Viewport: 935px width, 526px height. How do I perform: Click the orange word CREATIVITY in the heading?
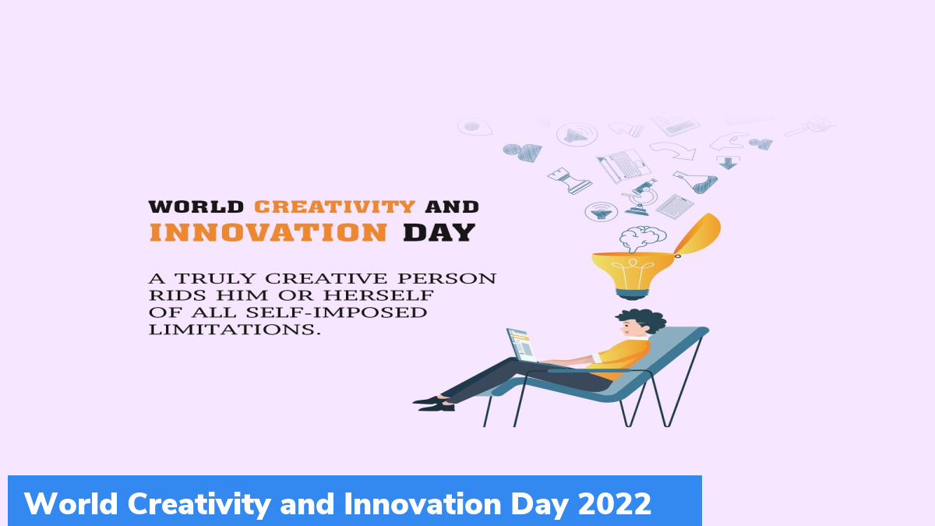[x=335, y=207]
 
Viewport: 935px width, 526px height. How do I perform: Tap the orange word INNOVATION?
[x=268, y=232]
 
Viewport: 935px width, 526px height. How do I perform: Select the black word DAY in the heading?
[x=439, y=232]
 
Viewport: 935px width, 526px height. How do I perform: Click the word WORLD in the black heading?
[x=196, y=207]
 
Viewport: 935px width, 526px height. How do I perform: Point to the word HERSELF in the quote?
[x=379, y=295]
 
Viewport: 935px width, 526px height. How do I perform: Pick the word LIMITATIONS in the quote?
[x=235, y=330]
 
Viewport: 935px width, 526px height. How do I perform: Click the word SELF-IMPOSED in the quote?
[x=337, y=312]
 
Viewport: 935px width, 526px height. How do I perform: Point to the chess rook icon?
[x=570, y=181]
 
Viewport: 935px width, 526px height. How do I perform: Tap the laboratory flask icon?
[x=697, y=182]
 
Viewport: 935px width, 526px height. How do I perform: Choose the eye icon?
[x=475, y=126]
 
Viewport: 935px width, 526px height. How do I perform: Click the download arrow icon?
[x=728, y=162]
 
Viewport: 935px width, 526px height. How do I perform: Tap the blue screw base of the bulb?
[x=632, y=295]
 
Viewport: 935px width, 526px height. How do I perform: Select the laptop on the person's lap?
[x=523, y=346]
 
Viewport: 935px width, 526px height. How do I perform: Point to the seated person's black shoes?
[x=434, y=404]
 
